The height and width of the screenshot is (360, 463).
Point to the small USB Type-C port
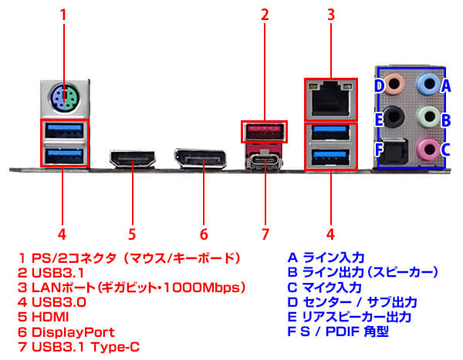point(265,162)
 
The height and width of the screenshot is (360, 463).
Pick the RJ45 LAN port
point(332,99)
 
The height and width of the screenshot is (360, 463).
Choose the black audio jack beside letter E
point(394,116)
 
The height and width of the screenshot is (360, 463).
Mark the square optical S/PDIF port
point(395,150)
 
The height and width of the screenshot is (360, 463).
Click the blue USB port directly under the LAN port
point(332,160)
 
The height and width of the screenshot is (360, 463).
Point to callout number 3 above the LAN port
point(331,14)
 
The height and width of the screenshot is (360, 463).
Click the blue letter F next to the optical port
point(378,149)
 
